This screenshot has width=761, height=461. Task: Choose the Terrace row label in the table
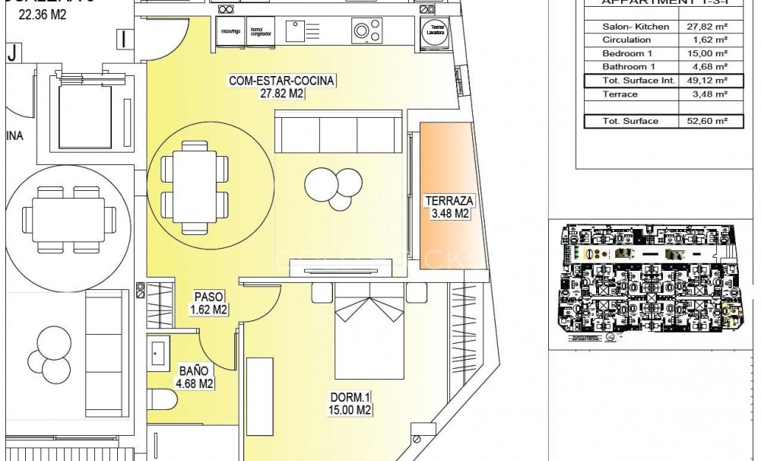click(x=616, y=94)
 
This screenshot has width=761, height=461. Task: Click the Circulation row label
click(x=626, y=40)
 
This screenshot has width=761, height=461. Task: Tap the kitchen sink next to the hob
click(x=300, y=30)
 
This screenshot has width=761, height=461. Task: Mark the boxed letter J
click(x=11, y=52)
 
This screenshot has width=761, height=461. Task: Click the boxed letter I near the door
click(x=126, y=37)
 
